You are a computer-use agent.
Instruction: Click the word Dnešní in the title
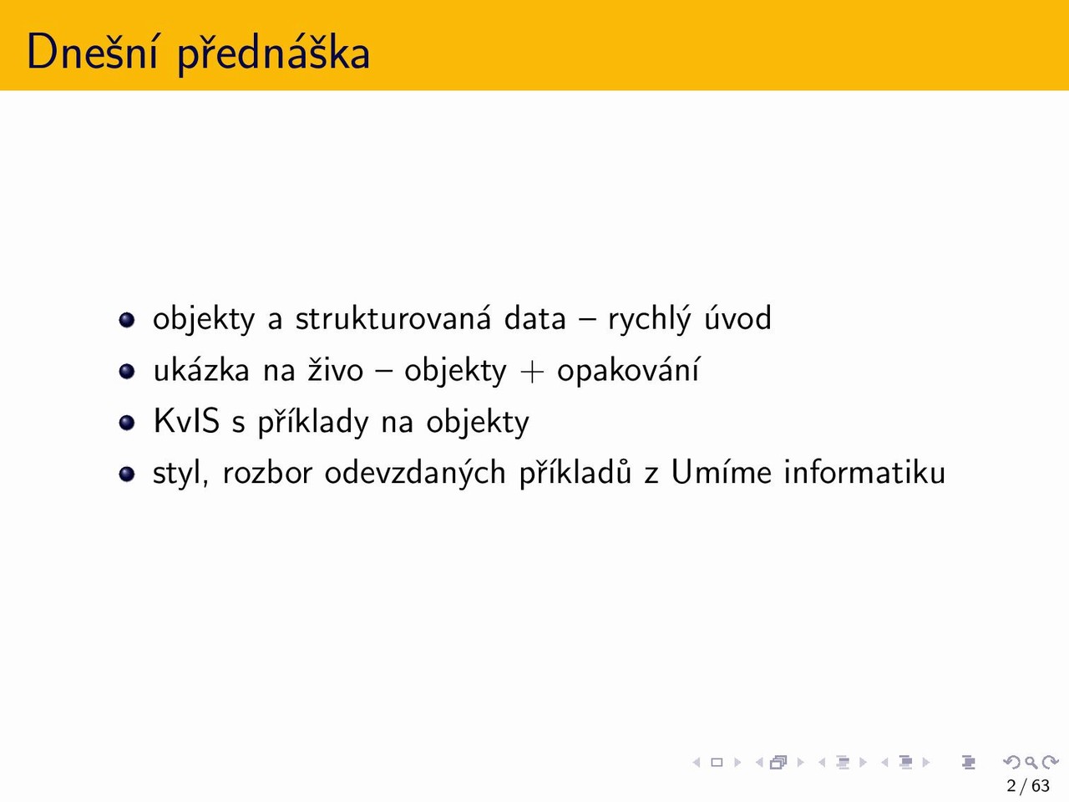pyautogui.click(x=92, y=52)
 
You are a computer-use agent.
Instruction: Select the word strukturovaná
pyautogui.click(x=393, y=318)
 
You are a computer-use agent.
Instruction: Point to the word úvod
pyautogui.click(x=737, y=317)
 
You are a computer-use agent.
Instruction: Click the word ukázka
pyautogui.click(x=201, y=369)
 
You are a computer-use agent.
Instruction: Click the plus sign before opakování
pyautogui.click(x=531, y=373)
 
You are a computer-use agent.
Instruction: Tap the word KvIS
pyautogui.click(x=186, y=421)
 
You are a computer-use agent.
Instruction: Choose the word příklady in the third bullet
pyautogui.click(x=312, y=422)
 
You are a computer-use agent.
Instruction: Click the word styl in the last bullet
pyautogui.click(x=180, y=473)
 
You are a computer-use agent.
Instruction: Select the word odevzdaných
pyautogui.click(x=415, y=474)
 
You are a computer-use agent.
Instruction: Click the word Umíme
pyautogui.click(x=722, y=472)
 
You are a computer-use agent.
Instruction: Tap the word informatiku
pyautogui.click(x=864, y=472)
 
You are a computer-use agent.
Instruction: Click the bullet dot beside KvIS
pyautogui.click(x=127, y=422)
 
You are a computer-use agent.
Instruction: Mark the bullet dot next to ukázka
pyautogui.click(x=127, y=371)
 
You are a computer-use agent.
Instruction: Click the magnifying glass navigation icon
pyautogui.click(x=1031, y=762)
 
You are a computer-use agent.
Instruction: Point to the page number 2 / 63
pyautogui.click(x=1028, y=786)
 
